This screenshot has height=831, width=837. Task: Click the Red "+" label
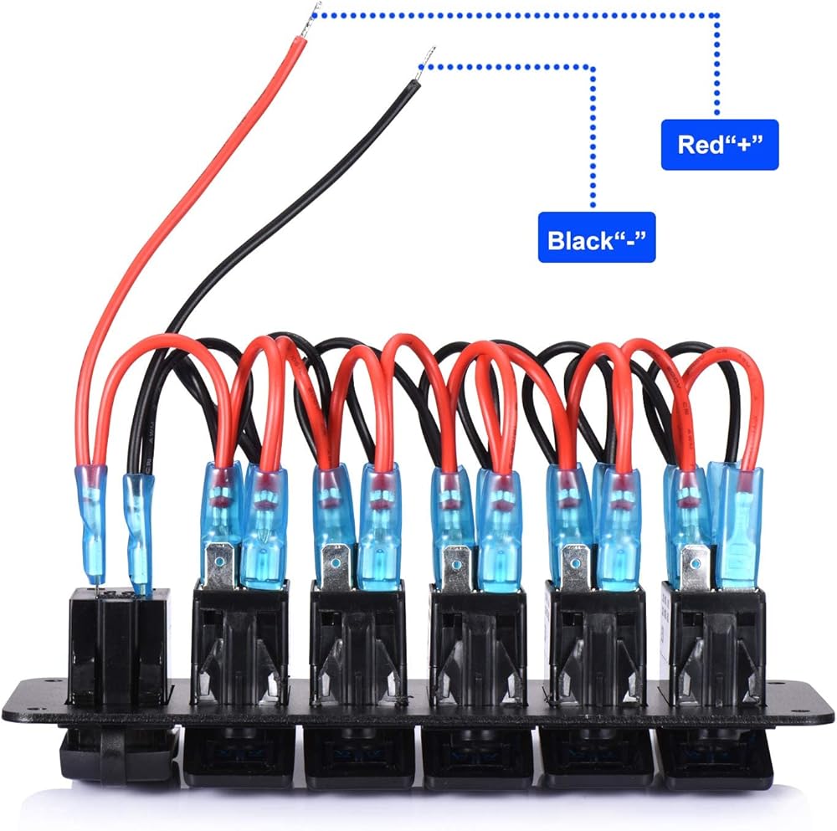pos(719,145)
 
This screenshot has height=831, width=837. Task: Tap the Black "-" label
pos(596,241)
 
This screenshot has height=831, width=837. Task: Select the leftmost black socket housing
pos(120,644)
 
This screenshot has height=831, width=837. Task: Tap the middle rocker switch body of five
pos(477,644)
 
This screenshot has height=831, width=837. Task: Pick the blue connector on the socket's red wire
pos(92,502)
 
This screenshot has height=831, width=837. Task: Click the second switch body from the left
pos(358,644)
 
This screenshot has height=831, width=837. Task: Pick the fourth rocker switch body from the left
pos(595,644)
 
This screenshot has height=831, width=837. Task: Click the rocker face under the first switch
pos(240,757)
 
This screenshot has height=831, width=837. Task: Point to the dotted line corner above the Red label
pos(716,14)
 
